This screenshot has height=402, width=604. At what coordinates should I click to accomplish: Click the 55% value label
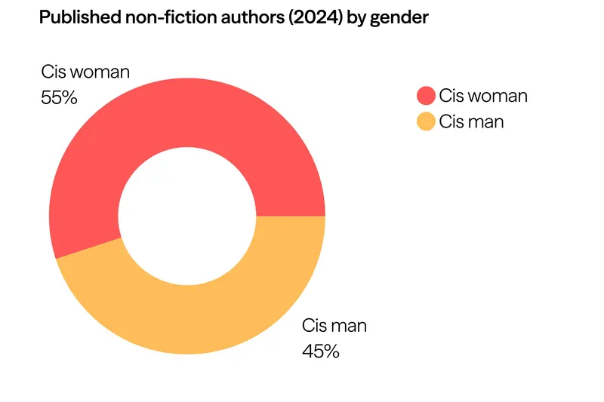(x=59, y=97)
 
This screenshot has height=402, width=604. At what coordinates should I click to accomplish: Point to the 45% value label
(x=321, y=351)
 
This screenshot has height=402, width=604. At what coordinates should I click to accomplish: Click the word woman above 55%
(x=100, y=72)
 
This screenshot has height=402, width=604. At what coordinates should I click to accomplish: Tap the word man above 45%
(x=349, y=327)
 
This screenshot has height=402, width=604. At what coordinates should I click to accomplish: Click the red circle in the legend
(x=426, y=96)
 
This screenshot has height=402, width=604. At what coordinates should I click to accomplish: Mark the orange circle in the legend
(x=426, y=121)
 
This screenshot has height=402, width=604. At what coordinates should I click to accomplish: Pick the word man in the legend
(x=486, y=121)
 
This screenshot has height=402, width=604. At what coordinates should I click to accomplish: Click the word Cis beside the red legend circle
(x=451, y=96)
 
